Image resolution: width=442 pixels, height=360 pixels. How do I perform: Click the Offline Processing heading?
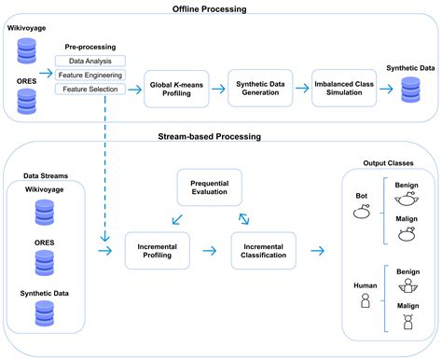[x=221, y=8]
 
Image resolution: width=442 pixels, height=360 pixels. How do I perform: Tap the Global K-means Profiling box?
[x=175, y=89]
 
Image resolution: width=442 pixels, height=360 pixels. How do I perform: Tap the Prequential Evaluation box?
[x=210, y=187]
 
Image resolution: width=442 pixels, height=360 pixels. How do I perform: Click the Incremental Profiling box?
[x=157, y=249]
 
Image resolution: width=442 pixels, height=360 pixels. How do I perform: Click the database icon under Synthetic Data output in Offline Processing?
[x=409, y=91]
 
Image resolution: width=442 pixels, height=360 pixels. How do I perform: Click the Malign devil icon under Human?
[x=407, y=322]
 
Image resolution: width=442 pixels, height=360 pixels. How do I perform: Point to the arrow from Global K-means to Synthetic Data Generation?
[x=216, y=89]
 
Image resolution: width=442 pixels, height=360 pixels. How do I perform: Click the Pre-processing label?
[x=90, y=45]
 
